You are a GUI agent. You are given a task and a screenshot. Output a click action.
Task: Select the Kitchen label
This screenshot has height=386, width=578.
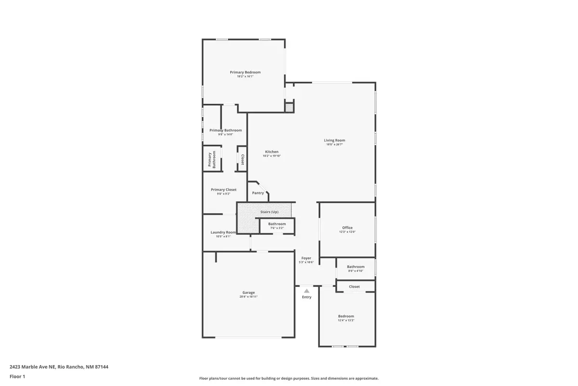pos(272,152)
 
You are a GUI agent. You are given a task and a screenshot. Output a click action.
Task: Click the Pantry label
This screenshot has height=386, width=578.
pos(258,193)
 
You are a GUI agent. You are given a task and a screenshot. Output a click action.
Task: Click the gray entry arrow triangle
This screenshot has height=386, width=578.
pos(306,290)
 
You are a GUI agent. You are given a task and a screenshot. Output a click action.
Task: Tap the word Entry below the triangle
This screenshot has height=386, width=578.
pos(307,297)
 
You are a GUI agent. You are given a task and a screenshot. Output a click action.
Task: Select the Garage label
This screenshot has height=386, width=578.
pos(249,292)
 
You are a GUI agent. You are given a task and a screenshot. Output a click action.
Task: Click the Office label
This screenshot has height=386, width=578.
pos(347,228)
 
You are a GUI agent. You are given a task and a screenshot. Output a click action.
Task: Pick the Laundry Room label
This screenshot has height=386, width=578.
pos(223,232)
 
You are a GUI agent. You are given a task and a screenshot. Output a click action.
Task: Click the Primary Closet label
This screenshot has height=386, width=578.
pos(223,190)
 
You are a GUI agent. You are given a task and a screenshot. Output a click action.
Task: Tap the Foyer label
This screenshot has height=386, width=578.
pos(306,258)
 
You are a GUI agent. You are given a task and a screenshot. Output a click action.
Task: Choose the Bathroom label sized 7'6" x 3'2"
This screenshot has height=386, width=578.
pos(277,224)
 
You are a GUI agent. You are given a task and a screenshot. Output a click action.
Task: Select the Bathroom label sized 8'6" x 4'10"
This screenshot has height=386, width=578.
pos(355,267)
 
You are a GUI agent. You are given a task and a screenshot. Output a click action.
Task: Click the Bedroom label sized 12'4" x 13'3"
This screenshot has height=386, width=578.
pos(346,316)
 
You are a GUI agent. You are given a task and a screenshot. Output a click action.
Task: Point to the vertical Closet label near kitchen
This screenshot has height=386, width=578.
pos(242,160)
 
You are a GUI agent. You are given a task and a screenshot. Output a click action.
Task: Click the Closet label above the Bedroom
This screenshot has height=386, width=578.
pos(354,287)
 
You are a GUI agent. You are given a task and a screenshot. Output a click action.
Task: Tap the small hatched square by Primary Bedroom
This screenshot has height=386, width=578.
pos(289,108)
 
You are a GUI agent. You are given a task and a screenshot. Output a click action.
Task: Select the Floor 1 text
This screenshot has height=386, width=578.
pos(17,376)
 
